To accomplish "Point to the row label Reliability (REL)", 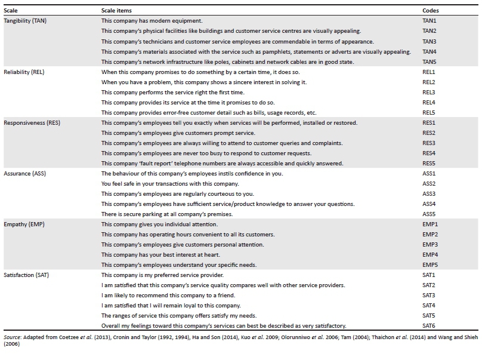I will click(x=24, y=72).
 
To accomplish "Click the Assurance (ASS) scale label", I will click(x=24, y=173).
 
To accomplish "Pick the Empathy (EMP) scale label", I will click(x=23, y=224).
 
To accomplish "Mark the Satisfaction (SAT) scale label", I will click(x=27, y=275).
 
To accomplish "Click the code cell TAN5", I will click(x=430, y=61).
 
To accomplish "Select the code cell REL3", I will click(x=429, y=92).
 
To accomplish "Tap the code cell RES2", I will click(x=429, y=133).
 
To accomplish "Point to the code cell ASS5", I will click(x=429, y=214).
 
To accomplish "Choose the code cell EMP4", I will click(x=430, y=254).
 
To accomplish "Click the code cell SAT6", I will click(x=429, y=325).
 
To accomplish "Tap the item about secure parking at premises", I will click(x=167, y=214).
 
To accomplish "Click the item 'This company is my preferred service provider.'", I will click(x=162, y=275).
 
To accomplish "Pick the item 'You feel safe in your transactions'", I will click(x=170, y=183).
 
